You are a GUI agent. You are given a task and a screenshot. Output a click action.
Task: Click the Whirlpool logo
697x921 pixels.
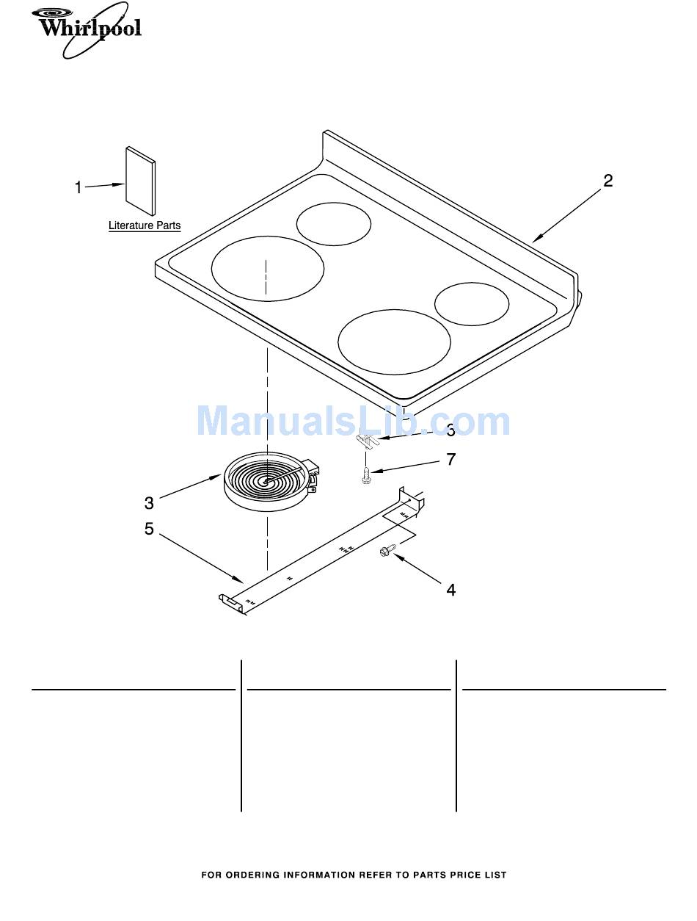[x=87, y=30]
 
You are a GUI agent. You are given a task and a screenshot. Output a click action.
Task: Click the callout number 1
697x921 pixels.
[x=79, y=187]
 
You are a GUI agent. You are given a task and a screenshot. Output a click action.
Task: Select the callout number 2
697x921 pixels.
[x=607, y=181]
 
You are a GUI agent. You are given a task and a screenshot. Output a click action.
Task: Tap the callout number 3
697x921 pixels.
[x=149, y=503]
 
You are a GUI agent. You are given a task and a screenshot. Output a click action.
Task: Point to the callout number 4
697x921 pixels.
[x=450, y=590]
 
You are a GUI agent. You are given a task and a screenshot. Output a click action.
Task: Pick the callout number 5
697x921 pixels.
[x=149, y=529]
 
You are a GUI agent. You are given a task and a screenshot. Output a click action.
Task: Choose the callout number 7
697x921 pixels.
[x=450, y=459]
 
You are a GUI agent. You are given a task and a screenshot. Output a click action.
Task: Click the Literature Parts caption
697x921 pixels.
[x=145, y=225]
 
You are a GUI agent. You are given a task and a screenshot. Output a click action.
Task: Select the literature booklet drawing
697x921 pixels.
[x=140, y=181]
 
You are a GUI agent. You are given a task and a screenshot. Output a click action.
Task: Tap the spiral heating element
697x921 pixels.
[x=269, y=483]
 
